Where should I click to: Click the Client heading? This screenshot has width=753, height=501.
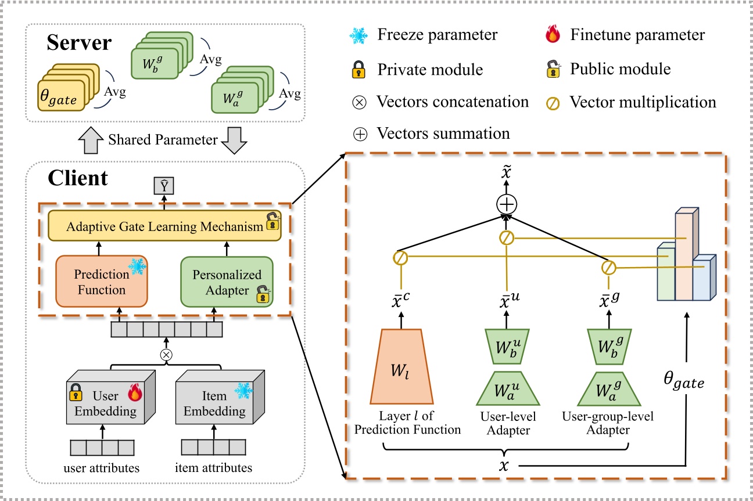[x=77, y=178]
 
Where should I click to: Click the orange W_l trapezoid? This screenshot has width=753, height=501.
[x=401, y=366]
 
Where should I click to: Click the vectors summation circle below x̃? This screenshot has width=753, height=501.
[x=507, y=204]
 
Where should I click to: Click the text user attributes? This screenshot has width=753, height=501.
[x=102, y=468]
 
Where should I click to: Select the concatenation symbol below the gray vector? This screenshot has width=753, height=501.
[x=167, y=354]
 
